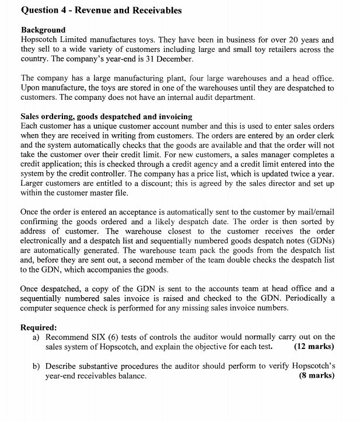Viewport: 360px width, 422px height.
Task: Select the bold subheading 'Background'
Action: click(x=43, y=30)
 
